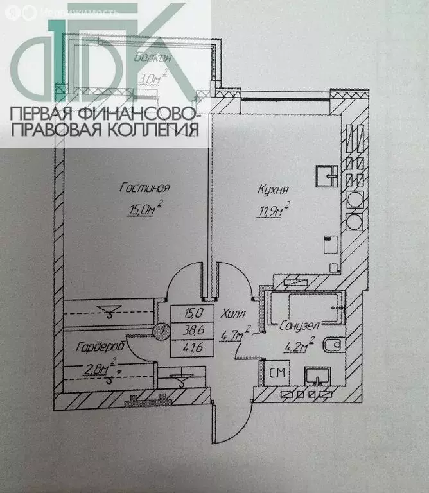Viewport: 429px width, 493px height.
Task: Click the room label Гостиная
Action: click(x=144, y=188)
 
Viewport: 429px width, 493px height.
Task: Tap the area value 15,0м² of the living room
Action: click(x=145, y=208)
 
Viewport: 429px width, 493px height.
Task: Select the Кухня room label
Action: click(x=273, y=189)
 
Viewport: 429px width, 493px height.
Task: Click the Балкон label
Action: click(x=153, y=58)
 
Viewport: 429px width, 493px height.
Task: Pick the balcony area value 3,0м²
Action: click(x=153, y=77)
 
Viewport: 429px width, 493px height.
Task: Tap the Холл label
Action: click(x=233, y=314)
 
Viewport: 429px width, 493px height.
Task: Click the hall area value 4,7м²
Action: click(x=236, y=333)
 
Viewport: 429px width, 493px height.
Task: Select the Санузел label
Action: click(x=299, y=325)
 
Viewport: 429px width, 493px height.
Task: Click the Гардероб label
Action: click(x=100, y=347)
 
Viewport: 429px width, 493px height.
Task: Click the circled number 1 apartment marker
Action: click(x=162, y=331)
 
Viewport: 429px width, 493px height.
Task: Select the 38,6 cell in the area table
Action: click(x=193, y=331)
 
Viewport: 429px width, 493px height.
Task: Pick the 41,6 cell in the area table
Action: click(x=193, y=348)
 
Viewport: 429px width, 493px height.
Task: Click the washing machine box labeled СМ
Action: click(x=277, y=373)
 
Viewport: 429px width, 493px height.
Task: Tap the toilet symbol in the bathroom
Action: click(x=333, y=345)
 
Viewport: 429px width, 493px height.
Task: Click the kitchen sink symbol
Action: click(x=327, y=176)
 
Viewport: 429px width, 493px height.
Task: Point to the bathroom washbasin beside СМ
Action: click(x=318, y=376)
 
